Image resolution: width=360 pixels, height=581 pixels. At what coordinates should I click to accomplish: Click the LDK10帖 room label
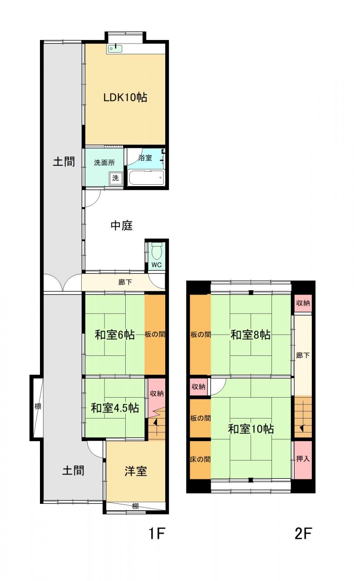125,98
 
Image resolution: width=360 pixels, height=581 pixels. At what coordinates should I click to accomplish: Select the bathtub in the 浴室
147,177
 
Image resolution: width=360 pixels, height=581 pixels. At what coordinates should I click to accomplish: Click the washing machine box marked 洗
115,178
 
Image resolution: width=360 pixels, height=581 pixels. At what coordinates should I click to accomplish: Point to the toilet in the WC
157,251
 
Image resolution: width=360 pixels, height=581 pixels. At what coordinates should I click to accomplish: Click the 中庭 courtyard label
122,226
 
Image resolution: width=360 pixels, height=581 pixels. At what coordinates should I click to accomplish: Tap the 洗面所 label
104,162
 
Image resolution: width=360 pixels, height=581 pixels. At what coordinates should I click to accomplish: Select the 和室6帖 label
115,335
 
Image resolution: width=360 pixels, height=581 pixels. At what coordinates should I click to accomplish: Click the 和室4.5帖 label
115,408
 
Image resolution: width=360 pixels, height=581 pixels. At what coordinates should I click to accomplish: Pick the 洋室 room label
136,471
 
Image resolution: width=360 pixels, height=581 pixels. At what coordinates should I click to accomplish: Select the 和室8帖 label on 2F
251,335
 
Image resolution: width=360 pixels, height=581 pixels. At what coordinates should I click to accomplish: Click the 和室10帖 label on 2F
251,429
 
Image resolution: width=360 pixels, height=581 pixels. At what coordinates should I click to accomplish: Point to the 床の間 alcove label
200,459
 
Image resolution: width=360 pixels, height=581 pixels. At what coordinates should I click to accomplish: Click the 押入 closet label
303,459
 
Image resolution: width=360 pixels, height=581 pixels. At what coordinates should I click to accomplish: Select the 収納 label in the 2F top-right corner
303,303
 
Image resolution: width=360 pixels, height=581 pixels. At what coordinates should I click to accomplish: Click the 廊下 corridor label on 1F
125,282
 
